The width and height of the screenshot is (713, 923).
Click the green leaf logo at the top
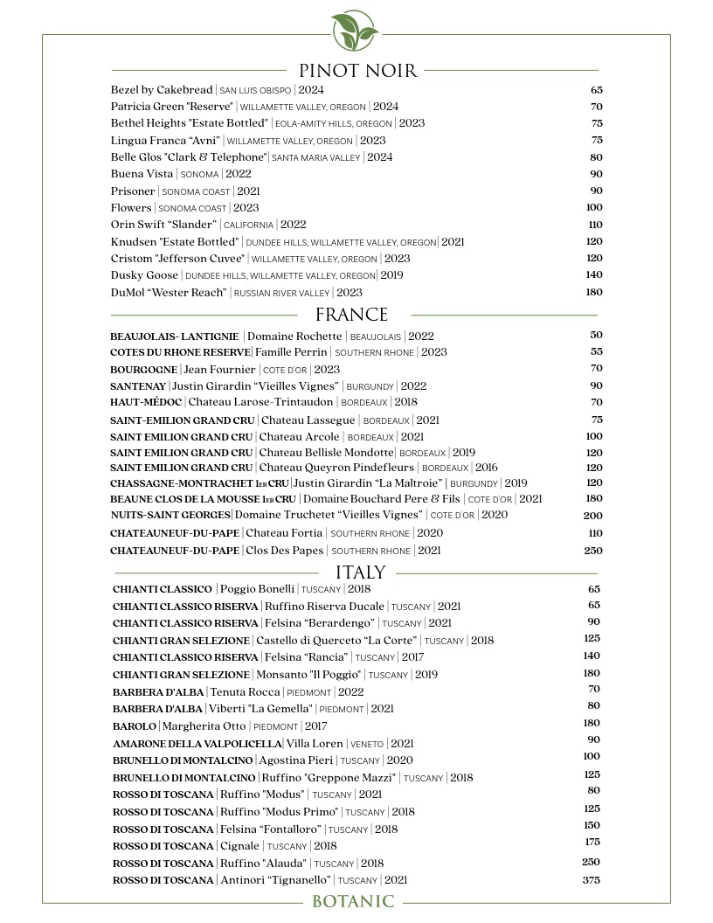coord(356,31)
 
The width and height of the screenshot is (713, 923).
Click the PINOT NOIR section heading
coord(357,71)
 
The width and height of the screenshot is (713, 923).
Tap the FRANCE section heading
coord(351,315)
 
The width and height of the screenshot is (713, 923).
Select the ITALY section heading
coord(360,573)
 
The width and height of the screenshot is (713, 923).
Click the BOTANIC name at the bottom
coord(353,902)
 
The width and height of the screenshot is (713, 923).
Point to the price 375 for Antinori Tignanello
coord(592,880)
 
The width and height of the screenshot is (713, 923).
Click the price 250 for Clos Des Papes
coord(593,551)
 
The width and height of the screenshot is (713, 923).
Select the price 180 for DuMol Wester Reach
coord(593,292)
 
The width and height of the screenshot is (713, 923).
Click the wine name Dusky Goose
coord(144,275)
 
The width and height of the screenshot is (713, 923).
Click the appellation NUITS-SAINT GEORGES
coord(170,515)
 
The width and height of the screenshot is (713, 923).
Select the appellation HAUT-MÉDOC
coord(146,402)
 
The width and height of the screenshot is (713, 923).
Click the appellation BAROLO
coord(135,726)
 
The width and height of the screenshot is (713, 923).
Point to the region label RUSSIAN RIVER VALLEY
coord(282,294)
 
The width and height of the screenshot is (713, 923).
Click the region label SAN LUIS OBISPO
coord(255,91)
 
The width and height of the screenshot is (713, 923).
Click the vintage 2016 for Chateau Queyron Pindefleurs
coord(487,468)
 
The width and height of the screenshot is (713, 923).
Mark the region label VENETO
coord(366,745)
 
